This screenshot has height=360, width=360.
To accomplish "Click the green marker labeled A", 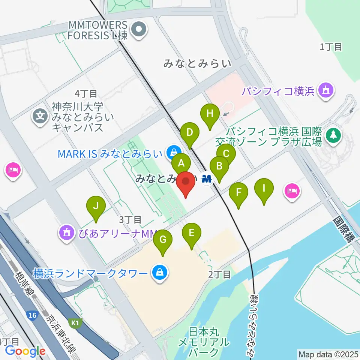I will pyautogui.click(x=181, y=163).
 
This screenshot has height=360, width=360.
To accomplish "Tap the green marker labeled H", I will pyautogui.click(x=210, y=114).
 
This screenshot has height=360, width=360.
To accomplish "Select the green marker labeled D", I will pyautogui.click(x=190, y=132).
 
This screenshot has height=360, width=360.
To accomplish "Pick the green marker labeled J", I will pyautogui.click(x=96, y=206).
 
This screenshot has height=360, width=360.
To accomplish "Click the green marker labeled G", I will pyautogui.click(x=163, y=239).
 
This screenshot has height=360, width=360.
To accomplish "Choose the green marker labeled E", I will pyautogui.click(x=191, y=233).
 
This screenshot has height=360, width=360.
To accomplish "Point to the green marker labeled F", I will pyautogui.click(x=238, y=192).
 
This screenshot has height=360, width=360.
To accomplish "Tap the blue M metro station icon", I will pyautogui.click(x=207, y=178).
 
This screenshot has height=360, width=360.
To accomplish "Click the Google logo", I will pyautogui.click(x=25, y=351).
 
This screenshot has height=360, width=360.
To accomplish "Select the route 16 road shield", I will pyautogui.click(x=33, y=315).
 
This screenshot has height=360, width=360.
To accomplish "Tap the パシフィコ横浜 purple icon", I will pyautogui.click(x=325, y=91).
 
